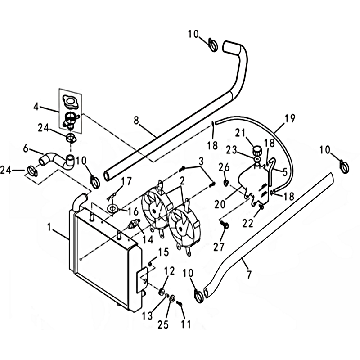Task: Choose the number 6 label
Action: [x=26, y=148]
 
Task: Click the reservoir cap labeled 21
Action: [x=257, y=150]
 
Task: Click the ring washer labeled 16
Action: [x=112, y=208]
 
